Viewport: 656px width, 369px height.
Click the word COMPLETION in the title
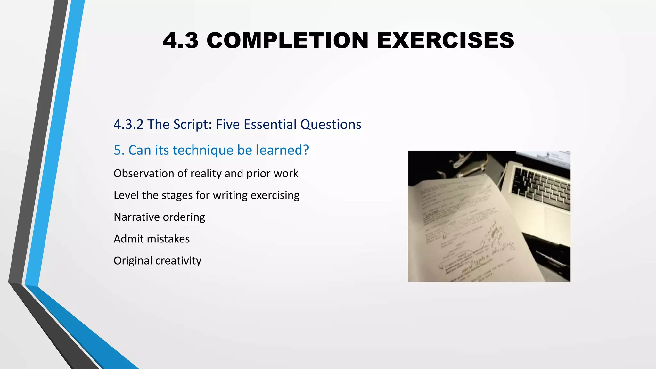point(287,41)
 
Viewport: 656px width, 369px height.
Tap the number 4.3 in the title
point(180,41)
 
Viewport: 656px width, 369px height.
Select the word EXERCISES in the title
point(445,41)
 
